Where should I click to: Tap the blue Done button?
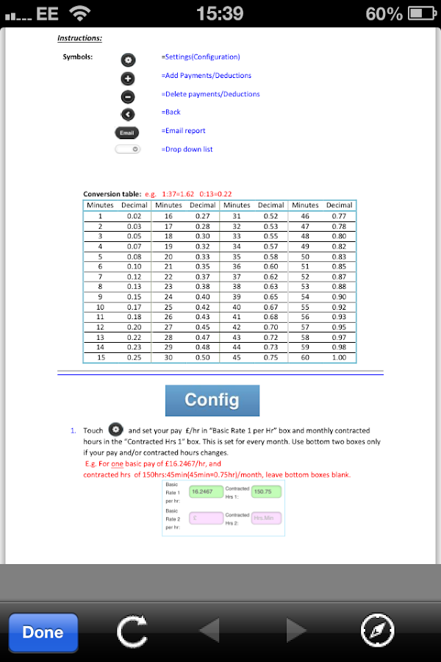point(43,633)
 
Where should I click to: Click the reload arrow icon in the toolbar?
point(132,631)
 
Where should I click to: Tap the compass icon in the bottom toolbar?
point(378,631)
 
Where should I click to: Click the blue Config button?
point(212,400)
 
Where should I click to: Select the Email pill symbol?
point(127,132)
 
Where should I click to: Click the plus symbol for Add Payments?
point(127,78)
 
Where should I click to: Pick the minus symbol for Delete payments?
point(127,96)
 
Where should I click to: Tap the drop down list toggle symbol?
point(127,149)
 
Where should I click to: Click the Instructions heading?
point(79,38)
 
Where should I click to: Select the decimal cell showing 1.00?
point(339,357)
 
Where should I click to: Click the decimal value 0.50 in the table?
point(202,357)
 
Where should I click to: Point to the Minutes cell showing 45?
point(237,357)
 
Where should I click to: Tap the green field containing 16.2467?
point(205,491)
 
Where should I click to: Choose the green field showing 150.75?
point(267,491)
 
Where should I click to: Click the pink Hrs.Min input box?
point(267,518)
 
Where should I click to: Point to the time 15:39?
point(220,13)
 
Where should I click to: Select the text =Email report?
point(183,131)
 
